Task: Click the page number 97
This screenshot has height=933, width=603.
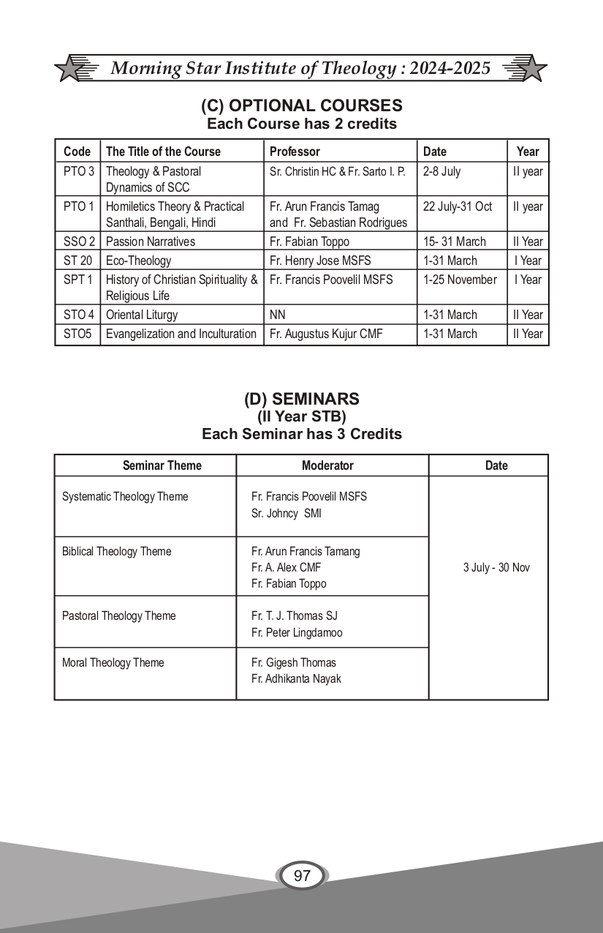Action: pos(302,876)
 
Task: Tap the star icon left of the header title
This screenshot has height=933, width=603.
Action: pos(69,69)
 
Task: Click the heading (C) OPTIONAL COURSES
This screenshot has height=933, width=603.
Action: pos(301,105)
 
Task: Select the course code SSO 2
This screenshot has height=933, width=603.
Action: pos(77,241)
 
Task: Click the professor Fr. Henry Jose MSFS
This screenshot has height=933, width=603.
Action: pos(321,261)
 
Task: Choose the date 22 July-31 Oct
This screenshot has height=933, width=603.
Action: pos(458,206)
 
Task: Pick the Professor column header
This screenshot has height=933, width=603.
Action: pos(295,151)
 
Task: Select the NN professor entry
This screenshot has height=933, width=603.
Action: pos(278,315)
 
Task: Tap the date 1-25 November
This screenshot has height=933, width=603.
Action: pos(460,280)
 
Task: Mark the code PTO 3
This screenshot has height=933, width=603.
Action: pos(78,171)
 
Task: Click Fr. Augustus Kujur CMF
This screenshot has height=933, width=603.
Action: pos(327,334)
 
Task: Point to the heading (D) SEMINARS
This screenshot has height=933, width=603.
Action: pos(301,399)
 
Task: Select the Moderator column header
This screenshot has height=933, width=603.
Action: pos(327,465)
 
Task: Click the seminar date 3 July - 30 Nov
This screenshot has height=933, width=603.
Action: pos(496,568)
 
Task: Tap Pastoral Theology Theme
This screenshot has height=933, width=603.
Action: pos(119,616)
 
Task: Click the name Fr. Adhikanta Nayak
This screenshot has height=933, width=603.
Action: pos(296,679)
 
